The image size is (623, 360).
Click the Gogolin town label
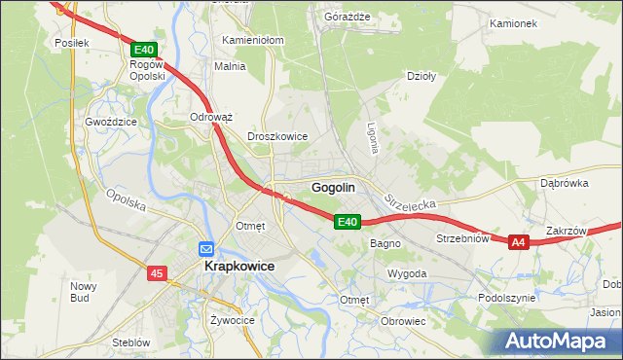(333, 187)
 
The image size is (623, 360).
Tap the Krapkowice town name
(238, 266)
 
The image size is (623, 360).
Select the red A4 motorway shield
(518, 242)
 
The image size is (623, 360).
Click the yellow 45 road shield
(156, 275)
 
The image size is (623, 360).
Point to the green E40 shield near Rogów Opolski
(143, 49)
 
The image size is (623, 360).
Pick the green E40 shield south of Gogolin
(348, 222)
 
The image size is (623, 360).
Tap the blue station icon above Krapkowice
(206, 249)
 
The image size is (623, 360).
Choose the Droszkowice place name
(278, 137)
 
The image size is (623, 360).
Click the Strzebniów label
(461, 238)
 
